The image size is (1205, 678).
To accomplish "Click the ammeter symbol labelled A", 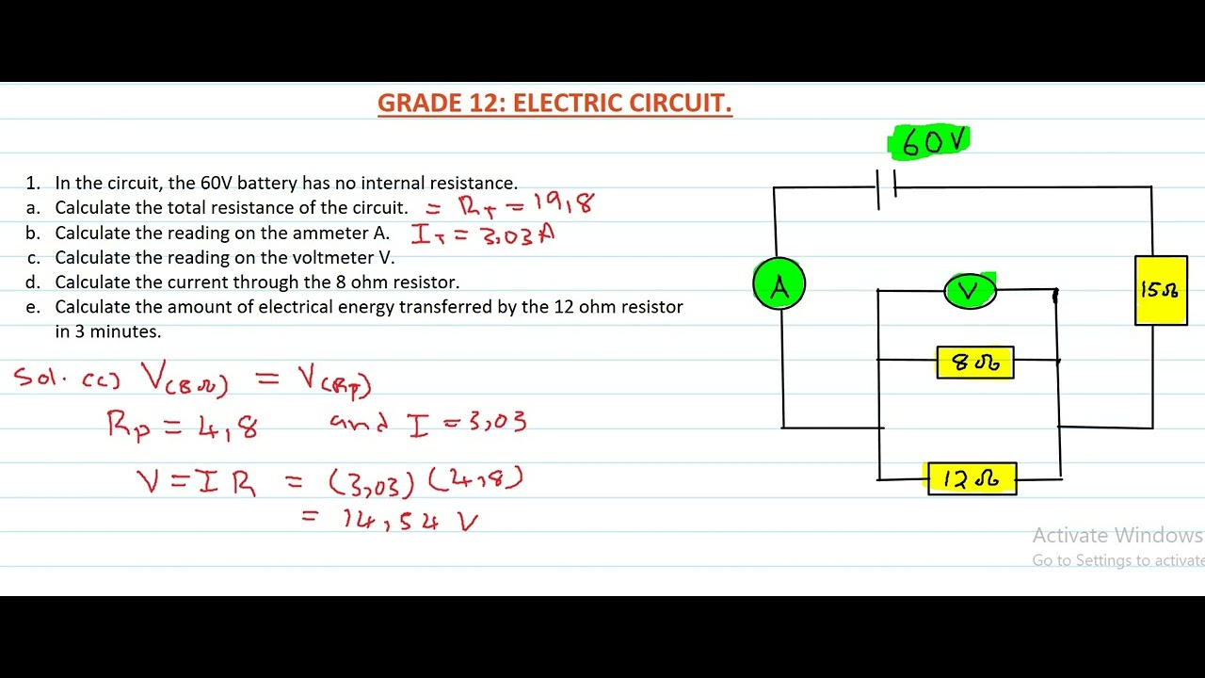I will pyautogui.click(x=779, y=284).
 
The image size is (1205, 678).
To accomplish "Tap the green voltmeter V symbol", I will pyautogui.click(x=970, y=291).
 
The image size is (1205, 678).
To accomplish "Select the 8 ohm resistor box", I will pyautogui.click(x=975, y=363).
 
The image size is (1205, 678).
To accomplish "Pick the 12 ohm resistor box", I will pyautogui.click(x=972, y=479).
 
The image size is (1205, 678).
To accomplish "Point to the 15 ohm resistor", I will pyautogui.click(x=1160, y=290).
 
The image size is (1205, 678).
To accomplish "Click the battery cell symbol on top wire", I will pyautogui.click(x=886, y=187).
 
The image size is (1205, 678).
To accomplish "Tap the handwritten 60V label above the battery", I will pyautogui.click(x=931, y=142).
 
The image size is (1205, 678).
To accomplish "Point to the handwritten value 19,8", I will pyautogui.click(x=563, y=203).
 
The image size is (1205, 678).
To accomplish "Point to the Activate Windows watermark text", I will pyautogui.click(x=1117, y=536).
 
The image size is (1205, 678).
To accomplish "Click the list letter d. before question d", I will pyautogui.click(x=34, y=282).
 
